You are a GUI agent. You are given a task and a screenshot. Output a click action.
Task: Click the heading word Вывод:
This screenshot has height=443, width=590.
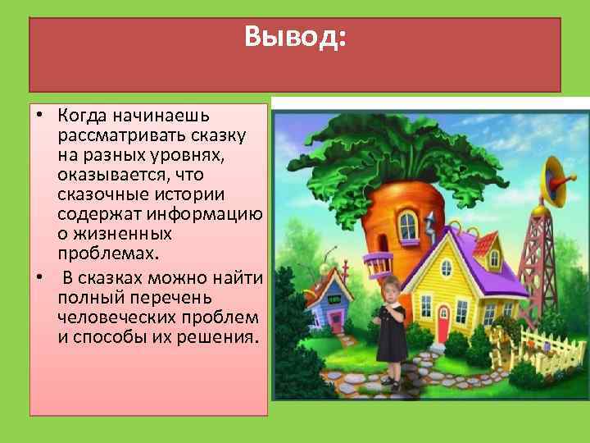(296, 37)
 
